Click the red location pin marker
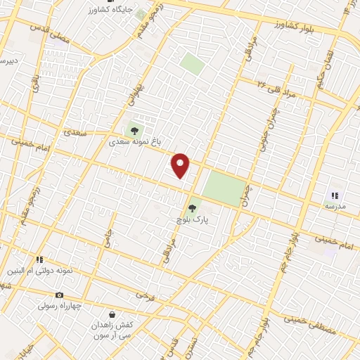click(181, 165)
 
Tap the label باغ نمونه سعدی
click(133, 141)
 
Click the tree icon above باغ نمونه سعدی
click(134, 130)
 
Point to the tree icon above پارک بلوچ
click(193, 208)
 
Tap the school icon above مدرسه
click(335, 195)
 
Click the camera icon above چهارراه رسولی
click(59, 295)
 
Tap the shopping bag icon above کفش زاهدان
click(112, 314)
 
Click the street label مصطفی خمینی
click(312, 325)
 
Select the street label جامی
click(106, 239)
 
